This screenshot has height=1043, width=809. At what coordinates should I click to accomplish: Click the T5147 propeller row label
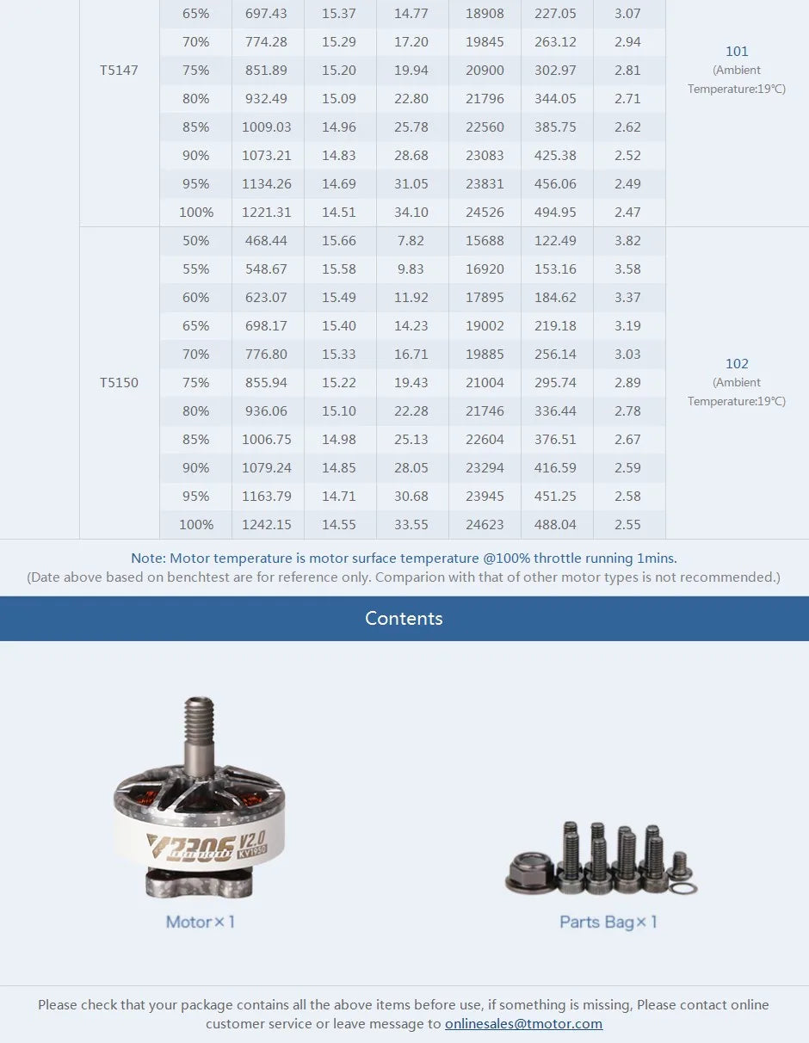pyautogui.click(x=119, y=71)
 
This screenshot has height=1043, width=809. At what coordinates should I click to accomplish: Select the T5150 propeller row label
pyautogui.click(x=119, y=383)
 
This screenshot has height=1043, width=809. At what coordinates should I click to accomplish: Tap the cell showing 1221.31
pyautogui.click(x=267, y=213)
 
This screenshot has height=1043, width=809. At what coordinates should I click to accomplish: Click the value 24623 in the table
pyautogui.click(x=485, y=525)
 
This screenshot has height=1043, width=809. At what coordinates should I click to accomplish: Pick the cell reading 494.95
pyautogui.click(x=555, y=213)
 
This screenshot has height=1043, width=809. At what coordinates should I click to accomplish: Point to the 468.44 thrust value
pyautogui.click(x=267, y=241)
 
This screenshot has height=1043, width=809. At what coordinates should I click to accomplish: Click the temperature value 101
pyautogui.click(x=737, y=52)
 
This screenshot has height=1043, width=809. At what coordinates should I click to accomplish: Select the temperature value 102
pyautogui.click(x=737, y=364)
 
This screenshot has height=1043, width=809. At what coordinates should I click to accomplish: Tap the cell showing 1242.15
pyautogui.click(x=267, y=525)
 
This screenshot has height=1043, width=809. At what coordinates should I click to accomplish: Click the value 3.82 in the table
pyautogui.click(x=627, y=241)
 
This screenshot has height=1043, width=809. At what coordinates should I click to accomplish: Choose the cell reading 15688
pyautogui.click(x=485, y=241)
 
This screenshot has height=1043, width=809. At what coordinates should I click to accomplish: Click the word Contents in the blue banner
pyautogui.click(x=404, y=619)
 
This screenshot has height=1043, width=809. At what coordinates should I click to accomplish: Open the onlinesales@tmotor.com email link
pyautogui.click(x=523, y=1024)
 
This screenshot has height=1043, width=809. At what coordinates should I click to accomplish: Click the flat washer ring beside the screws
pyautogui.click(x=684, y=888)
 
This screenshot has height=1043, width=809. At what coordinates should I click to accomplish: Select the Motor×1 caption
pyautogui.click(x=201, y=923)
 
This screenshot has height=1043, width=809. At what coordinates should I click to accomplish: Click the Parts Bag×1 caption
pyautogui.click(x=608, y=923)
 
